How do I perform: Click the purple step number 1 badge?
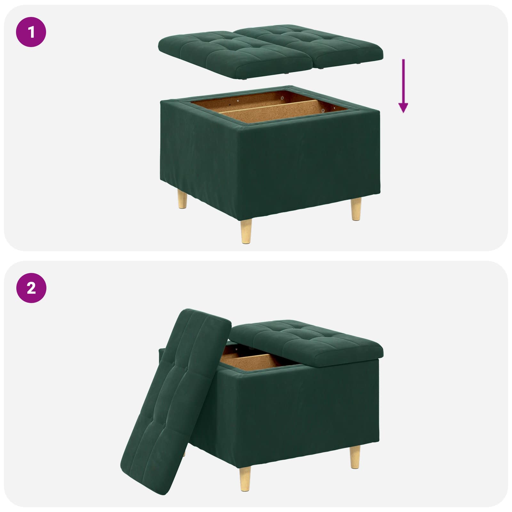[x=31, y=32]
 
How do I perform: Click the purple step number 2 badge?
[x=31, y=288]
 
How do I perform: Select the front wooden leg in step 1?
[x=246, y=231]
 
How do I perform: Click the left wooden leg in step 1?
[x=182, y=199]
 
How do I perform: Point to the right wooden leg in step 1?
[x=356, y=209]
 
